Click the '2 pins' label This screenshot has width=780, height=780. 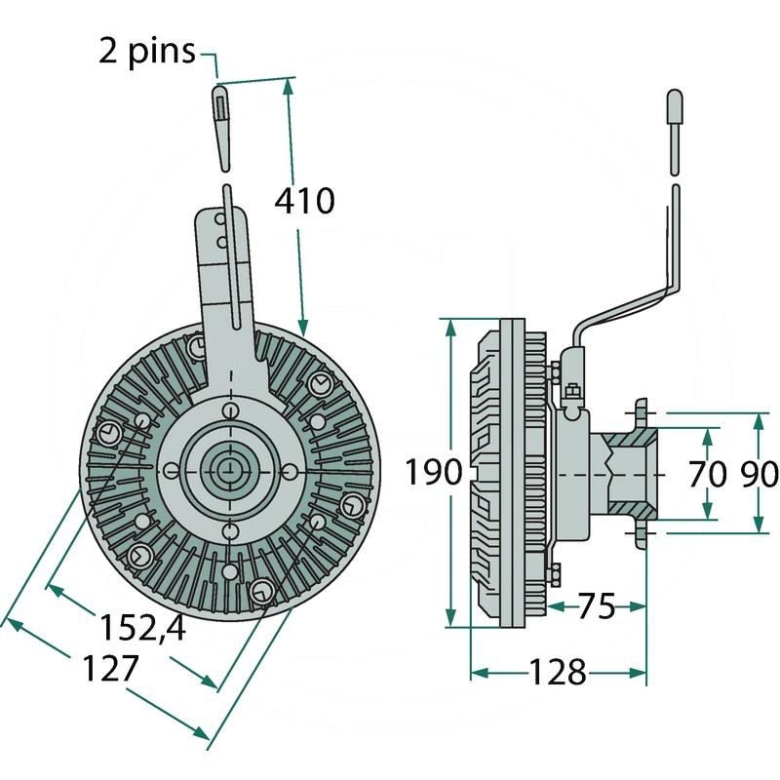coord(146,51)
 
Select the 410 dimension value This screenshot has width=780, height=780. coord(304,201)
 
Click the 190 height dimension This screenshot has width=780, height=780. coord(433,474)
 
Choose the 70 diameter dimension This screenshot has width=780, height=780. coord(707,474)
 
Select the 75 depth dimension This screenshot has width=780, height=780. coord(596,606)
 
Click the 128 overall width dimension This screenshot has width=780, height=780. coord(558,672)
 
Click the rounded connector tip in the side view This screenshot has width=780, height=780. coord(675,106)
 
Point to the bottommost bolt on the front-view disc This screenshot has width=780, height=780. coord(261,591)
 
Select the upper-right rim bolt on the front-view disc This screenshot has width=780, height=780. coord(317,383)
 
